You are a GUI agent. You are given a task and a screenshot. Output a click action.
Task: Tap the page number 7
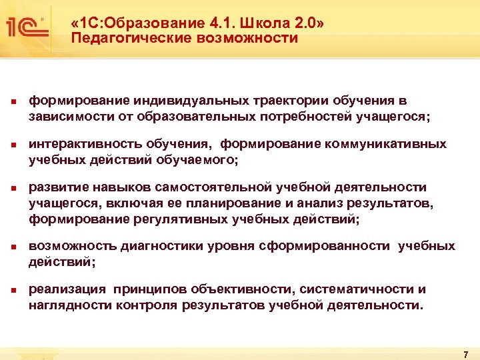coord(465,351)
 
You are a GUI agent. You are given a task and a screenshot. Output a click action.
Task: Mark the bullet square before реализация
coord(12,291)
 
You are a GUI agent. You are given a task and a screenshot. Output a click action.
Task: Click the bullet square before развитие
coord(12,189)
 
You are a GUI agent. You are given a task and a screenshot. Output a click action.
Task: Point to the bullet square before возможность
coord(12,247)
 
